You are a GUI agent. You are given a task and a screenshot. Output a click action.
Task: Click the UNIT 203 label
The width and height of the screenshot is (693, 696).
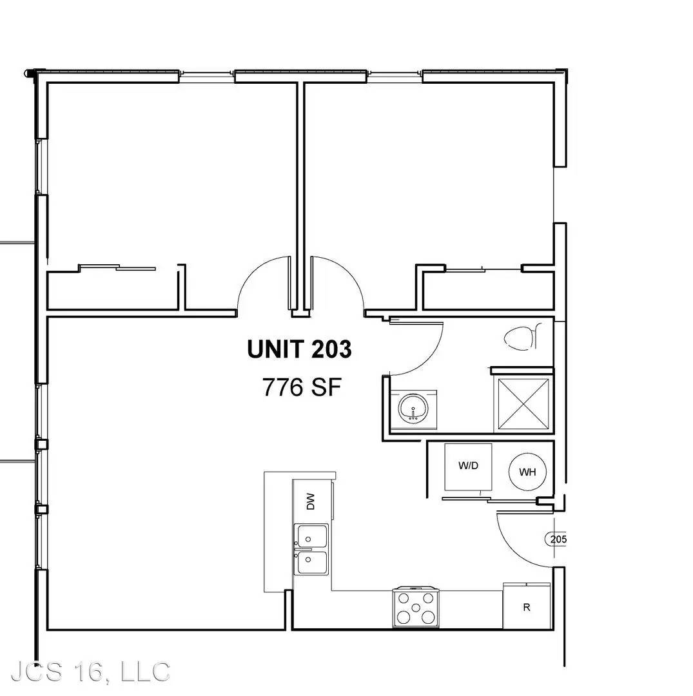click(299, 349)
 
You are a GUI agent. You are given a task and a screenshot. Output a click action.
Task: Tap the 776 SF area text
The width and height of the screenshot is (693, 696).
click(302, 387)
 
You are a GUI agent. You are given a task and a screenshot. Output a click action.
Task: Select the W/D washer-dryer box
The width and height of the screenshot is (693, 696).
click(469, 467)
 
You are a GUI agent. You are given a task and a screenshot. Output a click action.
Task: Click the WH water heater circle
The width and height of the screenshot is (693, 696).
click(527, 472)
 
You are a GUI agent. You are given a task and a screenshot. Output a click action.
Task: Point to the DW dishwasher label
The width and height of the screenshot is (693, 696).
click(311, 501)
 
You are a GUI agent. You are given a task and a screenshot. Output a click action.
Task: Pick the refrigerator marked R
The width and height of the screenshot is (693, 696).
click(527, 606)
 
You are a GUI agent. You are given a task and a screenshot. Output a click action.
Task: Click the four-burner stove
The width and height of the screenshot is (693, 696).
click(416, 608)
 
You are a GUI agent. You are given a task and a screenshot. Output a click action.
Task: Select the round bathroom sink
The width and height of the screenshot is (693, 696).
click(413, 409)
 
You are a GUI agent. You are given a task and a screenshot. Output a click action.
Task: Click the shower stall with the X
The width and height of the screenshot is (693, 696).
click(523, 404)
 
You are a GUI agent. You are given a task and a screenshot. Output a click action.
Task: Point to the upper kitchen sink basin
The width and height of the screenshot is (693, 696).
click(311, 537)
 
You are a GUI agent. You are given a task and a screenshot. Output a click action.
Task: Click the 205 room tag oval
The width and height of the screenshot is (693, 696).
click(556, 539)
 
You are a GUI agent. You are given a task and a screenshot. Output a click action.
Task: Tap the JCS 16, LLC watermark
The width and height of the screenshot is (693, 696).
click(90, 672)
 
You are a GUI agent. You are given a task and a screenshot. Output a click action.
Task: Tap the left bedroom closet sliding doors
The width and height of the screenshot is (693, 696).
click(117, 267)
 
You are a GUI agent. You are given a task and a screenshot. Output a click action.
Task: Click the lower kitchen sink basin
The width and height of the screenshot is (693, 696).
click(311, 563)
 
